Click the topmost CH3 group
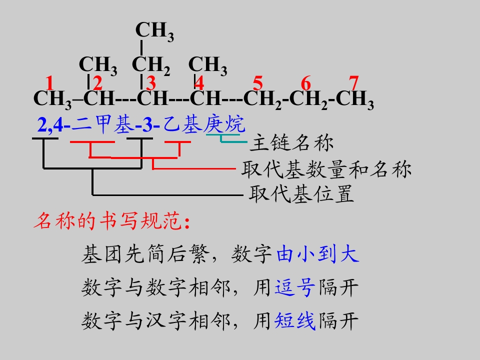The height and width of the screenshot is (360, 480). (x=154, y=30)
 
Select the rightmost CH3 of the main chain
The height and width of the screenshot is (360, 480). (x=355, y=99)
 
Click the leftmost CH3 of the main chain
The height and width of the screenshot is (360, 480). (x=52, y=99)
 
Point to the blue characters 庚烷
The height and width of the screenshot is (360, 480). (x=224, y=124)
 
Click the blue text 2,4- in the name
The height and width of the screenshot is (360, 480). (x=54, y=125)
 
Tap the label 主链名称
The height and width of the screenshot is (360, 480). (x=291, y=143)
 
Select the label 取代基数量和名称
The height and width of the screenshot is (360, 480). (x=326, y=169)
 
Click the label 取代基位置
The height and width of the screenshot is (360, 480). (x=301, y=194)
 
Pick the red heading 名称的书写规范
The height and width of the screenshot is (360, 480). (x=112, y=220)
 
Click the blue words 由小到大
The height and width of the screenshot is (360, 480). (x=317, y=254)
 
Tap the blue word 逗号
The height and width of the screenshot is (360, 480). (x=295, y=287)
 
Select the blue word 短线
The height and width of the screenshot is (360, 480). (x=295, y=321)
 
